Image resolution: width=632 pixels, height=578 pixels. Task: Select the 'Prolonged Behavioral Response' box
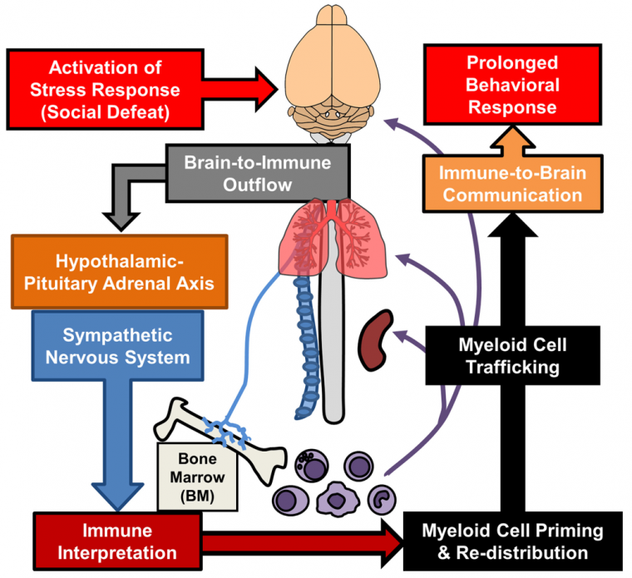pos(511,86)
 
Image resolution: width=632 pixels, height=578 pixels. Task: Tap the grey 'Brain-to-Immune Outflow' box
pos(256,173)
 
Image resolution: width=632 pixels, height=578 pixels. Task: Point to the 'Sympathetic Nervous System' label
pos(119,347)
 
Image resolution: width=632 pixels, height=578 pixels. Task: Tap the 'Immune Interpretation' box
pos(117,541)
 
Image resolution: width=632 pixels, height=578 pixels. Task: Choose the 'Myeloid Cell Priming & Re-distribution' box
pos(512,541)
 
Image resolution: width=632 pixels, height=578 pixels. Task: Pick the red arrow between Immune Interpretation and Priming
pos(299,541)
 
